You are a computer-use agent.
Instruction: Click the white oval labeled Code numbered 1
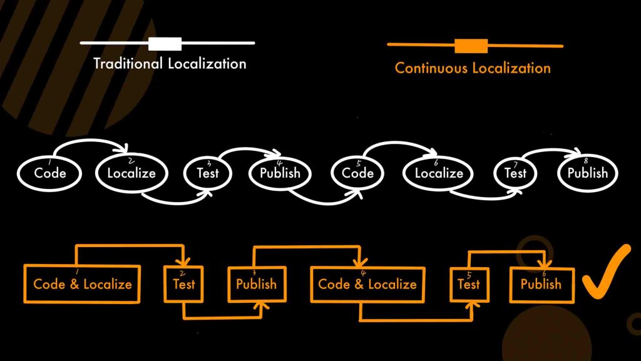tap(49, 173)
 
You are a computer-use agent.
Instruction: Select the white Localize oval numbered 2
tap(131, 173)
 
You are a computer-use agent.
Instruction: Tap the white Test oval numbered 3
tap(207, 173)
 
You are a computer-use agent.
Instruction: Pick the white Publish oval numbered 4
tap(280, 173)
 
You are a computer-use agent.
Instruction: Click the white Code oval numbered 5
tap(357, 173)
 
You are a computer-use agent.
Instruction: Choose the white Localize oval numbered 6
tap(439, 173)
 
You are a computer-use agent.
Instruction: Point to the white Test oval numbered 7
tap(515, 173)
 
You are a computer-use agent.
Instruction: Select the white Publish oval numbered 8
tap(587, 173)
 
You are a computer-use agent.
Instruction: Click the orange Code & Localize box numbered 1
tap(82, 284)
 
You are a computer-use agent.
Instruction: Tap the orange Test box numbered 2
tap(184, 284)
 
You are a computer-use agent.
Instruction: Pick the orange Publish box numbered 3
tap(257, 284)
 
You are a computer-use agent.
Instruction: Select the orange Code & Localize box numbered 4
tap(367, 284)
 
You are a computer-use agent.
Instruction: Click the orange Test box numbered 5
tap(469, 284)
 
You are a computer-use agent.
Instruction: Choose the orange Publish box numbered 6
tap(541, 284)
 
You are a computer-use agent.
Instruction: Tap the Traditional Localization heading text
tap(170, 64)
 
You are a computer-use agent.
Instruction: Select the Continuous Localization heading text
tap(473, 68)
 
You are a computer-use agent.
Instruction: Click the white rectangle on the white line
tap(165, 43)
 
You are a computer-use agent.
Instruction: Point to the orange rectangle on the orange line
tap(471, 46)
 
